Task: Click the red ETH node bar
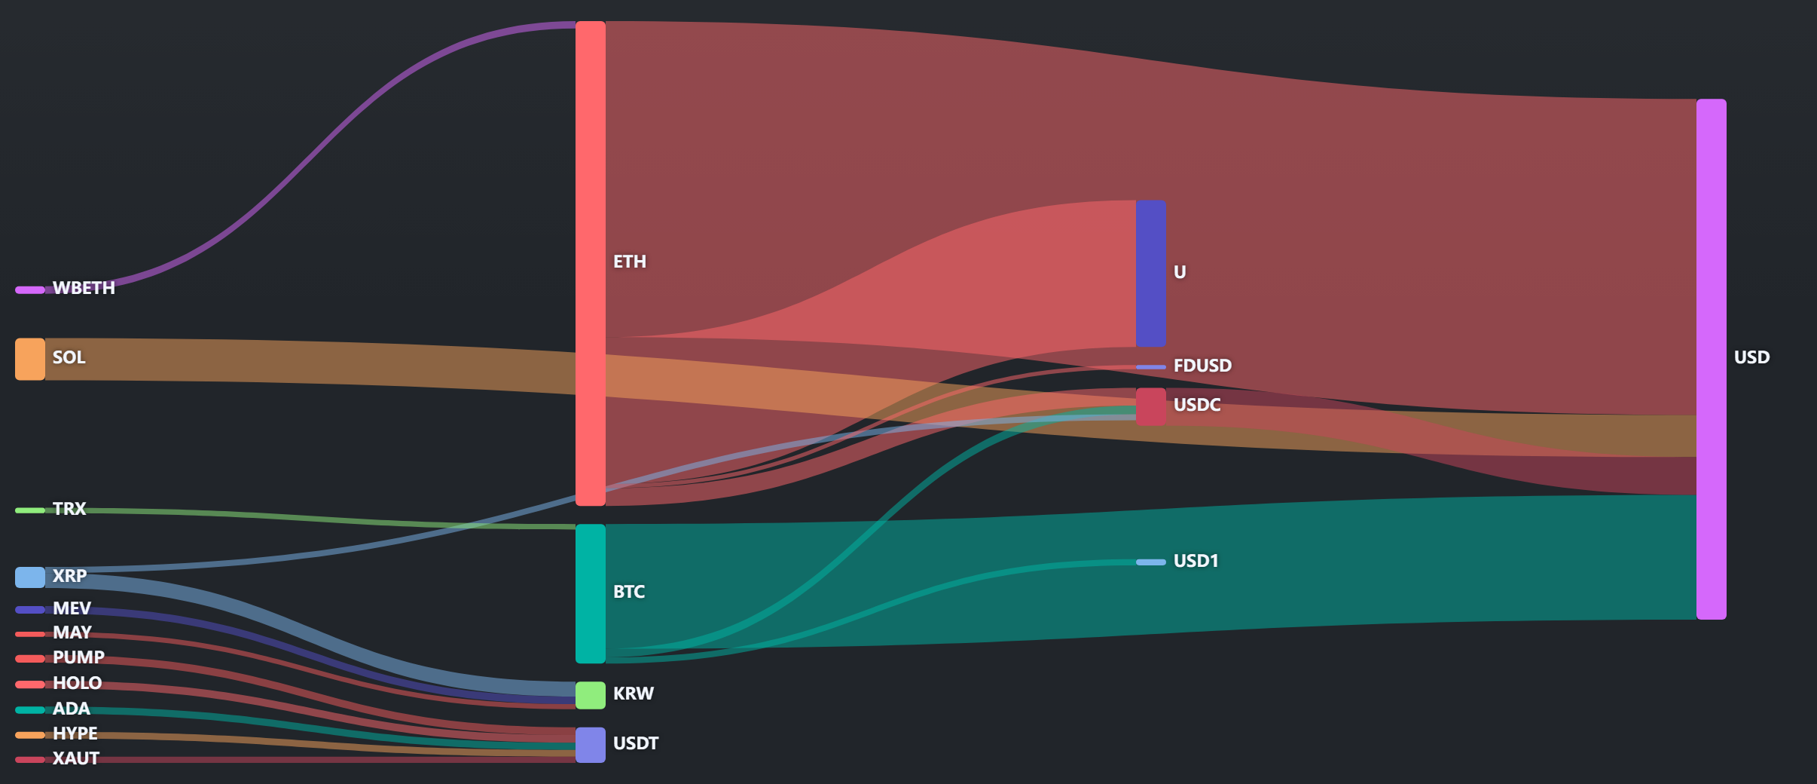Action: pyautogui.click(x=591, y=263)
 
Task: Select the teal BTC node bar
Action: pyautogui.click(x=591, y=594)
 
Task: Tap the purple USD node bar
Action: pyautogui.click(x=1711, y=359)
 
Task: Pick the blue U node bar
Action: pyautogui.click(x=1151, y=274)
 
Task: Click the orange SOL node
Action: pyautogui.click(x=30, y=359)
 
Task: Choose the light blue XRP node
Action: pyautogui.click(x=30, y=577)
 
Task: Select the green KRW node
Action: pyautogui.click(x=591, y=695)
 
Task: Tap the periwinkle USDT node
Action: pyautogui.click(x=591, y=745)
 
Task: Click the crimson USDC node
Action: pyautogui.click(x=1151, y=407)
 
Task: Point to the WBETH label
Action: pyautogui.click(x=84, y=288)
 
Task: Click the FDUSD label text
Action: pyautogui.click(x=1202, y=366)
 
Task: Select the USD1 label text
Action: pyautogui.click(x=1196, y=561)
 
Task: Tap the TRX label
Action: pyautogui.click(x=69, y=509)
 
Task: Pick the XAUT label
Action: pyautogui.click(x=76, y=758)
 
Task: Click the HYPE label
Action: pyautogui.click(x=75, y=733)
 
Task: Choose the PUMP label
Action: pyautogui.click(x=78, y=657)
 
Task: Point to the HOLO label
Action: pyautogui.click(x=77, y=683)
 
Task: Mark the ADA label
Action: pyautogui.click(x=72, y=709)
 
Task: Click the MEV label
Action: pyautogui.click(x=72, y=608)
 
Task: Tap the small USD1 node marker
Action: pyautogui.click(x=1151, y=562)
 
